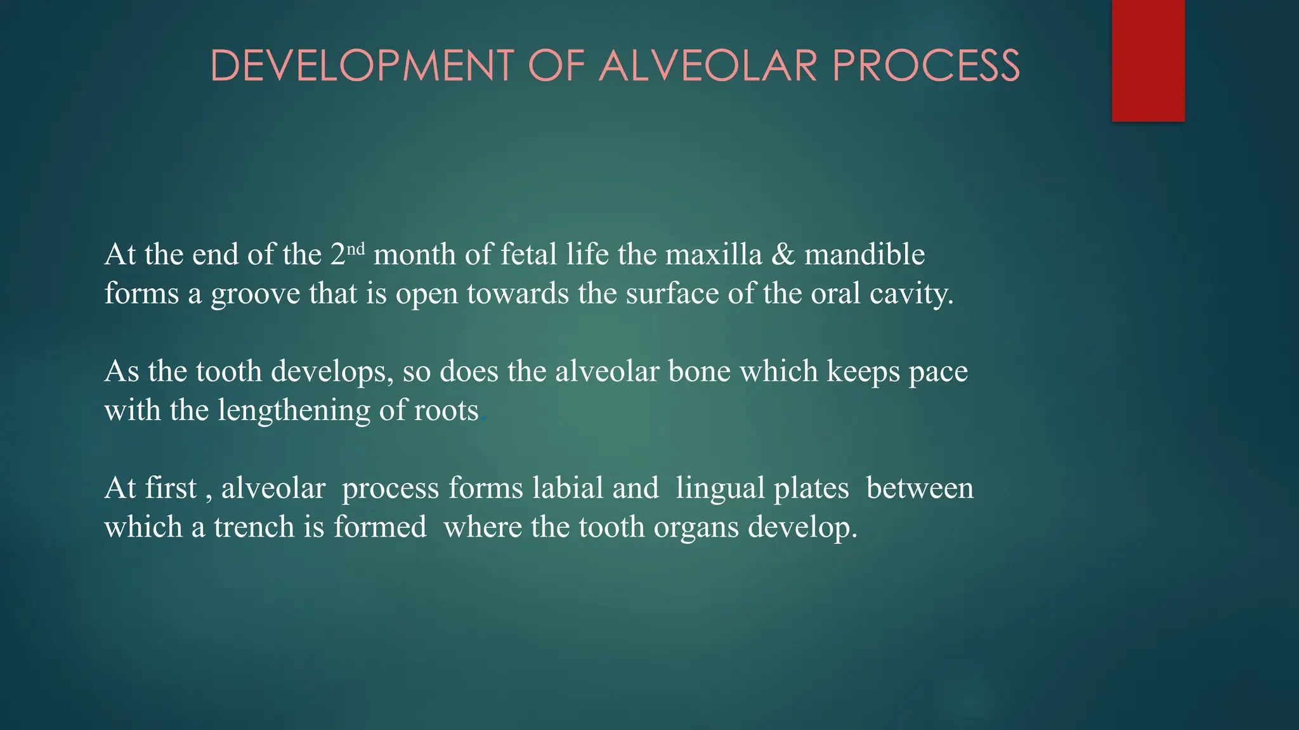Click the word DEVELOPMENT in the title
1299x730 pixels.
coord(362,66)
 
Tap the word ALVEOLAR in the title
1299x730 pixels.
coord(708,66)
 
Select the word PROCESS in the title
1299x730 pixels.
coord(926,66)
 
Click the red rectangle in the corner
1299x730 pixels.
coord(1148,60)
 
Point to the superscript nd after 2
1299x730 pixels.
coord(357,248)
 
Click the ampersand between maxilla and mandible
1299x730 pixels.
coord(783,255)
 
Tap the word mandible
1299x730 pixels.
coord(865,255)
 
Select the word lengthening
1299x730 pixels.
coord(294,411)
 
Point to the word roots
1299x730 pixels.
coord(447,411)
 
